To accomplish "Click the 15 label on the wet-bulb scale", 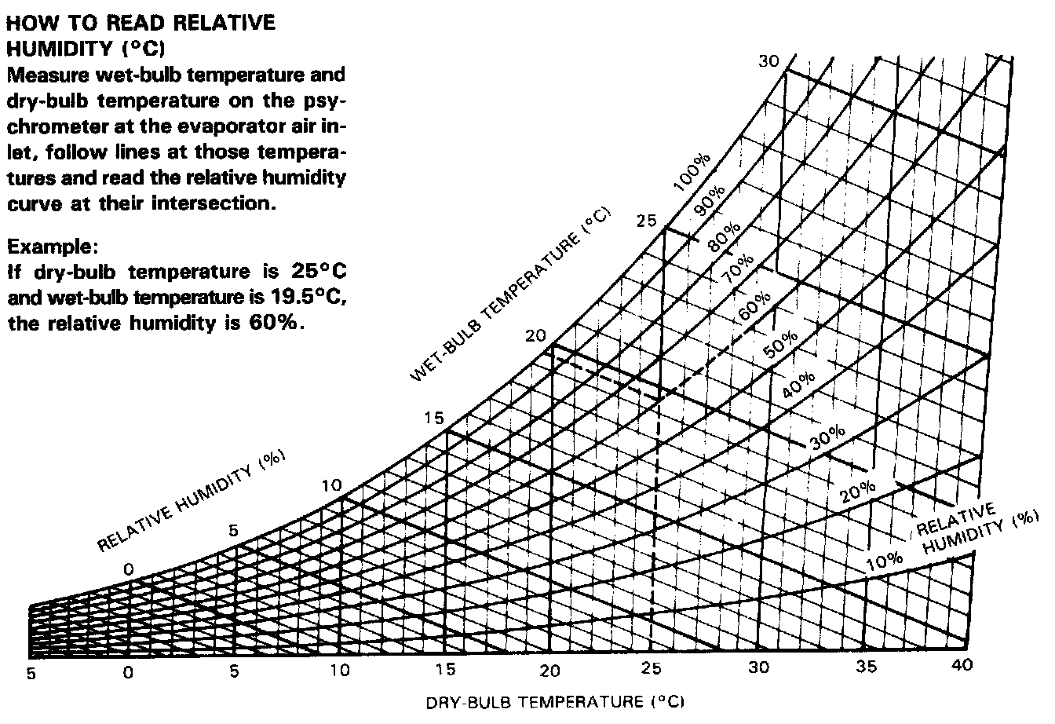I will [434, 418].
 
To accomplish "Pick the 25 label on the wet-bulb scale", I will [646, 221].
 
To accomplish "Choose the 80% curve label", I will [724, 236].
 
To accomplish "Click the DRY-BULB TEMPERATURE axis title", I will [549, 701].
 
